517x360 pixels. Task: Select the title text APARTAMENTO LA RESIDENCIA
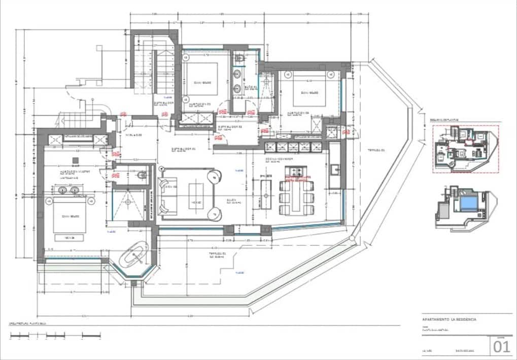pos(449,320)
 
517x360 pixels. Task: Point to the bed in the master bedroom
pos(69,217)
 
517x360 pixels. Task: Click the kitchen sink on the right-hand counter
pos(334,169)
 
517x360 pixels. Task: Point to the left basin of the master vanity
pos(62,191)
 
